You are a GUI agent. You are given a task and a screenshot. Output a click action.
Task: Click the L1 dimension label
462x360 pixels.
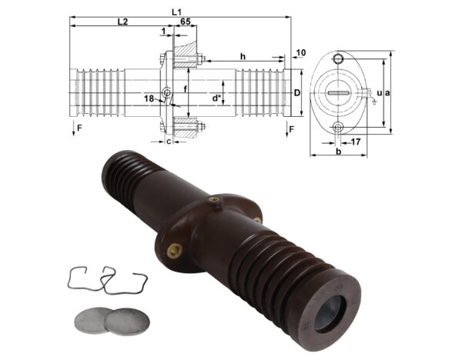176,11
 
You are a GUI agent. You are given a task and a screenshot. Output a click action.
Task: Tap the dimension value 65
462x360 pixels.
186,22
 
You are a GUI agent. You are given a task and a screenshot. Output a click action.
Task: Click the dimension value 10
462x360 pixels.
300,52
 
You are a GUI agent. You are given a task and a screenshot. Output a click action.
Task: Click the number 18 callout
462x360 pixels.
149,98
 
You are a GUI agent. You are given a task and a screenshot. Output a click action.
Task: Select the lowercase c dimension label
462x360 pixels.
169,141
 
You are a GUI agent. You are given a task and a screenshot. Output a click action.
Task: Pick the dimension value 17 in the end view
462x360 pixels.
356,142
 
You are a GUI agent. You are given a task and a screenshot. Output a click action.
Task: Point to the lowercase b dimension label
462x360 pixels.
336,152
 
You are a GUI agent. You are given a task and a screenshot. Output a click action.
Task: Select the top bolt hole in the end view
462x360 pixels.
337,60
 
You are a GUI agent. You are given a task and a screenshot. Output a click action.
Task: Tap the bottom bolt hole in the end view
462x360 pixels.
337,127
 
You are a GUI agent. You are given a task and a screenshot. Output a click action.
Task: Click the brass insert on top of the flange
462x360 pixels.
215,200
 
